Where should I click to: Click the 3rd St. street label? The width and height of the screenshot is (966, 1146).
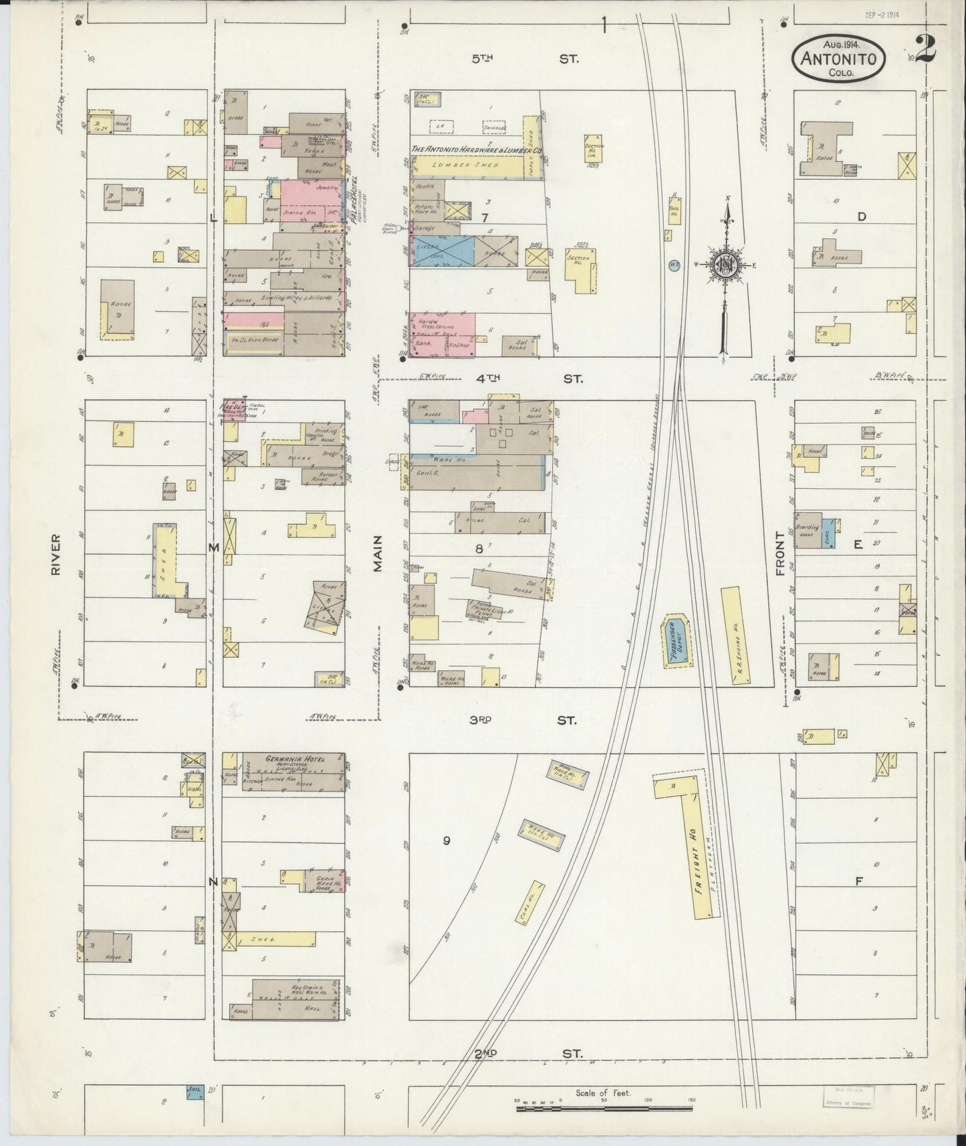(525, 721)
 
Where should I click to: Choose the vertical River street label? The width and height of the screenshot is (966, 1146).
(56, 554)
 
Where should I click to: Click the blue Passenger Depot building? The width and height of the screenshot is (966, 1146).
(677, 640)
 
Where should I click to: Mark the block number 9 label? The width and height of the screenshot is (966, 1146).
(447, 840)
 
